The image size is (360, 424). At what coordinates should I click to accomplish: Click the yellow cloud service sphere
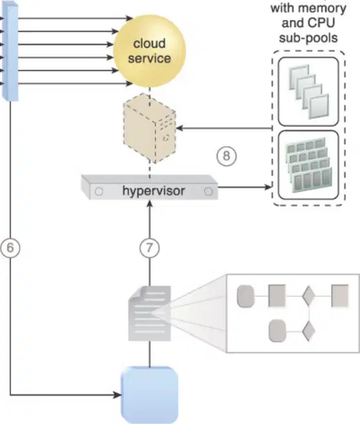[x=150, y=50]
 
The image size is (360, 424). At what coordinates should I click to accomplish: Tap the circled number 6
[x=10, y=248]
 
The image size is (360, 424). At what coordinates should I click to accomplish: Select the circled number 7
[x=150, y=248]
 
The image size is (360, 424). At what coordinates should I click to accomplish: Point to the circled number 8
[x=226, y=156]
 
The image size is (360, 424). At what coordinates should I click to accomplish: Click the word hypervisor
[x=154, y=190]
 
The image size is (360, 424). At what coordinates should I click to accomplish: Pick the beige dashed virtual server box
[x=150, y=128]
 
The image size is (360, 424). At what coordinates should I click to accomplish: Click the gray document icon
[x=150, y=313]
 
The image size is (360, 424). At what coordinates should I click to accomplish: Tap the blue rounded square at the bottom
[x=150, y=395]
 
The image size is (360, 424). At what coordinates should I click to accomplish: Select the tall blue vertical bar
[x=10, y=52]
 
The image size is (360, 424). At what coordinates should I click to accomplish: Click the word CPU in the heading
[x=322, y=23]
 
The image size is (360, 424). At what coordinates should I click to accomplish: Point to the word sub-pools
[x=308, y=38]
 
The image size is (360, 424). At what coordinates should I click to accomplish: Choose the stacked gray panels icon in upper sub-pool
[x=309, y=92]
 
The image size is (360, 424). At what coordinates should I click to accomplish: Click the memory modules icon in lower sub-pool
[x=308, y=165]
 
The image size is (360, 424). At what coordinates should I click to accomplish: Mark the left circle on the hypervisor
[x=99, y=192]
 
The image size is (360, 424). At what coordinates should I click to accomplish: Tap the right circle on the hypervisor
[x=208, y=192]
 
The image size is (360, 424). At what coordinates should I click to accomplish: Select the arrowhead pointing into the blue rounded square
[x=117, y=395]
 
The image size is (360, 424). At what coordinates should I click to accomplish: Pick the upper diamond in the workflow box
[x=308, y=296]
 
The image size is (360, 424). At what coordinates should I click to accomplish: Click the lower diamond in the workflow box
[x=308, y=331]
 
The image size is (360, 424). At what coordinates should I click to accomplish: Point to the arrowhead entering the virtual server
[x=180, y=128]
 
